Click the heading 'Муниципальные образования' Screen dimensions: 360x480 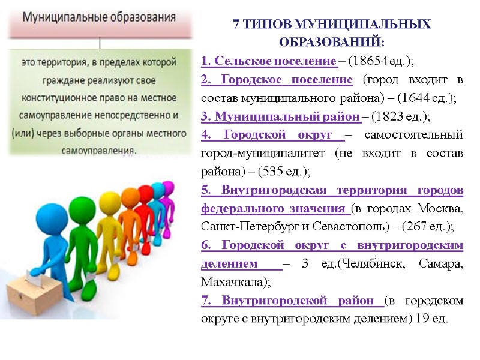point(100,17)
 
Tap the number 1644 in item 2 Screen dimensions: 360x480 point(416,98)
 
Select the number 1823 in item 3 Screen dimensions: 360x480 point(389,116)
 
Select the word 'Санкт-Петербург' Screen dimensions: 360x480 point(241,226)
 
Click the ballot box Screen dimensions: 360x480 point(31,295)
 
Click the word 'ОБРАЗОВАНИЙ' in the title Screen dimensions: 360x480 point(331,43)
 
